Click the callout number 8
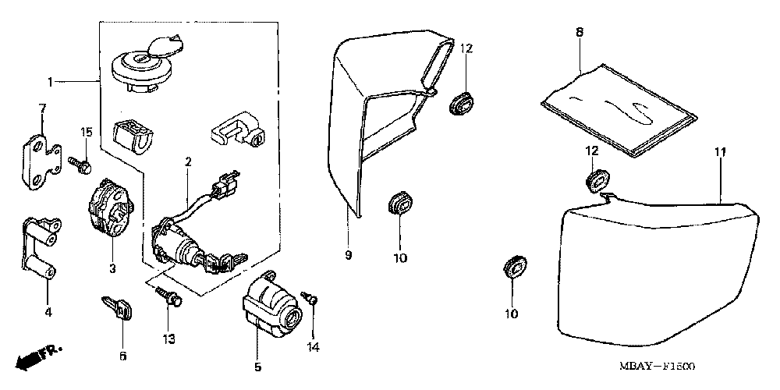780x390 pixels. [x=580, y=32]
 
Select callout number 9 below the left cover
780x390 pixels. [x=349, y=255]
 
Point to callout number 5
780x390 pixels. [x=257, y=366]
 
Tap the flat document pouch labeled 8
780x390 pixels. [x=616, y=107]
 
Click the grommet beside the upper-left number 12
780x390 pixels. [x=462, y=102]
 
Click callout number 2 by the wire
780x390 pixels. [x=188, y=162]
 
